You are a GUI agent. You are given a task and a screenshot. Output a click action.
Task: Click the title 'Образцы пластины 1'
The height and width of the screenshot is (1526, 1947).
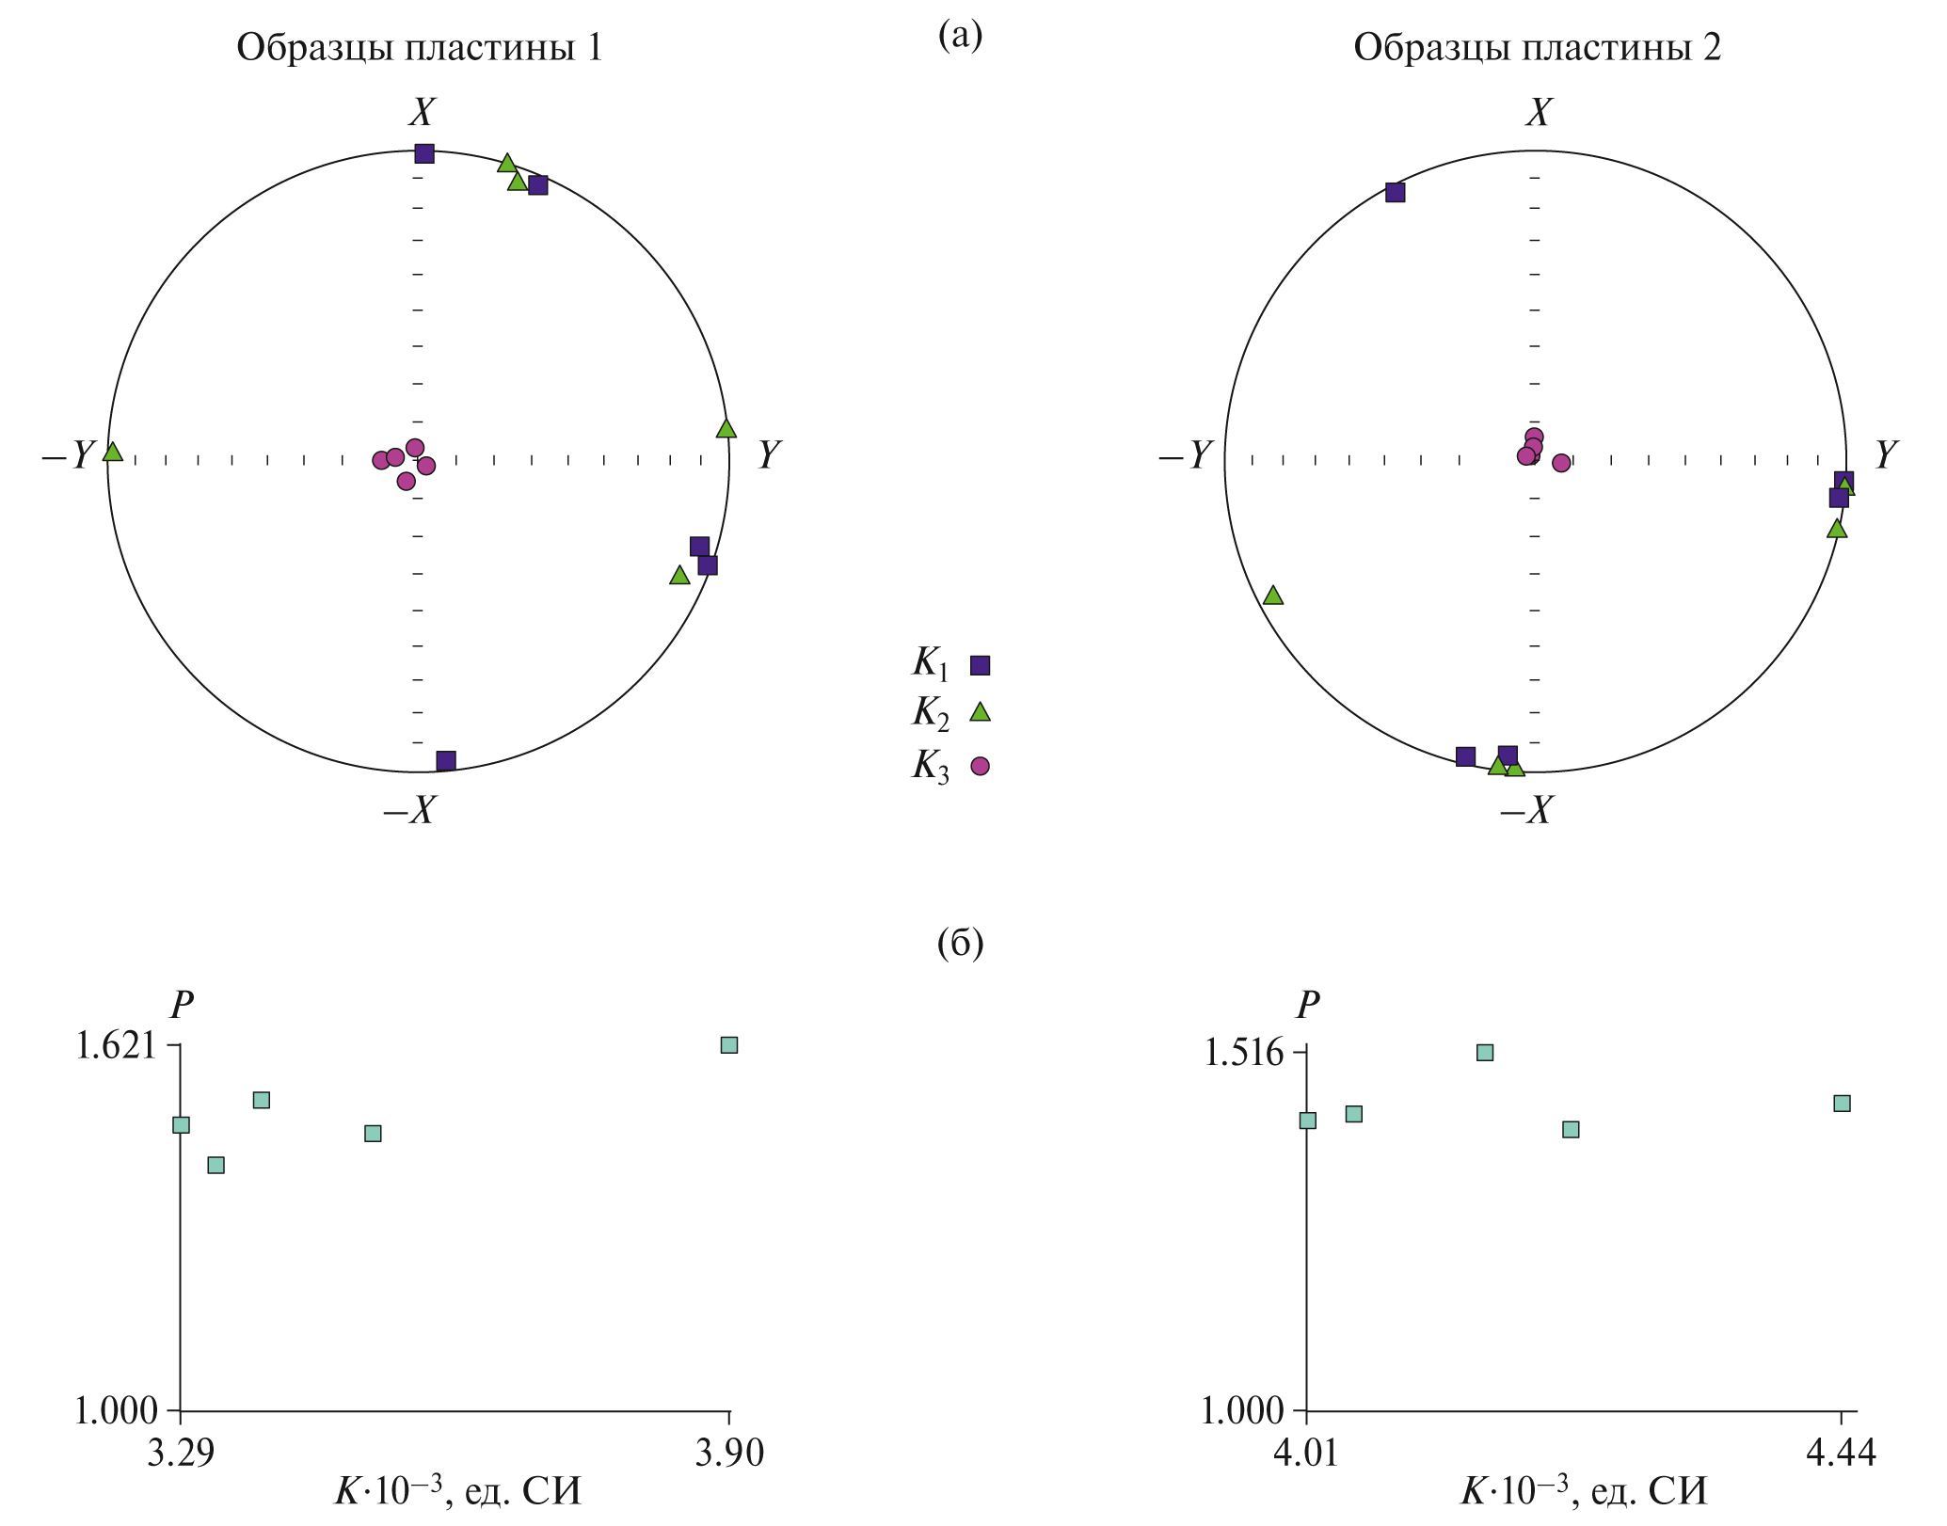coord(420,47)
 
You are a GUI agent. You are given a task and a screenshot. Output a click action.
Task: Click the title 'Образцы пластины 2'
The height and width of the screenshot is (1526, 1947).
coord(1537,47)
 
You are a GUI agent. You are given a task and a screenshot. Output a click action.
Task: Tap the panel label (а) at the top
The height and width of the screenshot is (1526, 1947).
coord(960,36)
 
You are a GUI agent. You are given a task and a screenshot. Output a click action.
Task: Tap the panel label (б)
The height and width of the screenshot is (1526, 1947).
coord(960,943)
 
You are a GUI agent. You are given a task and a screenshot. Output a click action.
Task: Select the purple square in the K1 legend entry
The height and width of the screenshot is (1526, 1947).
coord(981,665)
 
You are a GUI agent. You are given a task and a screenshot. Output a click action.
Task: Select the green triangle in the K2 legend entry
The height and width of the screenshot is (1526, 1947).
coord(981,712)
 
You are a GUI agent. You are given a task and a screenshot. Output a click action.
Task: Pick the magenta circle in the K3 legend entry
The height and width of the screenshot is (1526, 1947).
coord(981,766)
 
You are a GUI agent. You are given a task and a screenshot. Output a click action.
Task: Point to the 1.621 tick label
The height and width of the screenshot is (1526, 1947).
coord(115,1046)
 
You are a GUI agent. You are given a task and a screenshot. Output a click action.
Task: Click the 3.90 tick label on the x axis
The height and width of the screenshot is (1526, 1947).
coord(729,1454)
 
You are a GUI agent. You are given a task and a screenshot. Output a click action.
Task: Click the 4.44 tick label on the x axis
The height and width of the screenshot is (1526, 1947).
coord(1842,1454)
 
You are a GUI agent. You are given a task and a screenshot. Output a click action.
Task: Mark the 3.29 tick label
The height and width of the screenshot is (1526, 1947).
coord(181,1454)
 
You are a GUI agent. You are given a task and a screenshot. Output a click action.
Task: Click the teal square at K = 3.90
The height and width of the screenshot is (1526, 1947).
coord(729,1045)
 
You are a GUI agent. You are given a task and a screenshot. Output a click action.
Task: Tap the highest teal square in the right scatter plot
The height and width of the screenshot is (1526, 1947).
coord(1485,1053)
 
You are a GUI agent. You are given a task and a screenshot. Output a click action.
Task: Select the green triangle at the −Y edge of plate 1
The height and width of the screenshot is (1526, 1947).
coord(113,453)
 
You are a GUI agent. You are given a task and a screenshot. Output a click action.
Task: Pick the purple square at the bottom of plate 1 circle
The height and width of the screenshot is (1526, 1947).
coord(446,760)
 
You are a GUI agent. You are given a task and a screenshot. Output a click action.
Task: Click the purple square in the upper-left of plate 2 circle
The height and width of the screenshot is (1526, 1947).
coord(1396,192)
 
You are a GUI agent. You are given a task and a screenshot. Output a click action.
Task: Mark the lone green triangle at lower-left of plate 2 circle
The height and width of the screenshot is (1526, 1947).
coord(1273,596)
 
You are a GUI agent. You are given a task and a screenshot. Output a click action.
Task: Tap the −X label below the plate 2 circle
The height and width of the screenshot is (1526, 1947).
coord(1526,809)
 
